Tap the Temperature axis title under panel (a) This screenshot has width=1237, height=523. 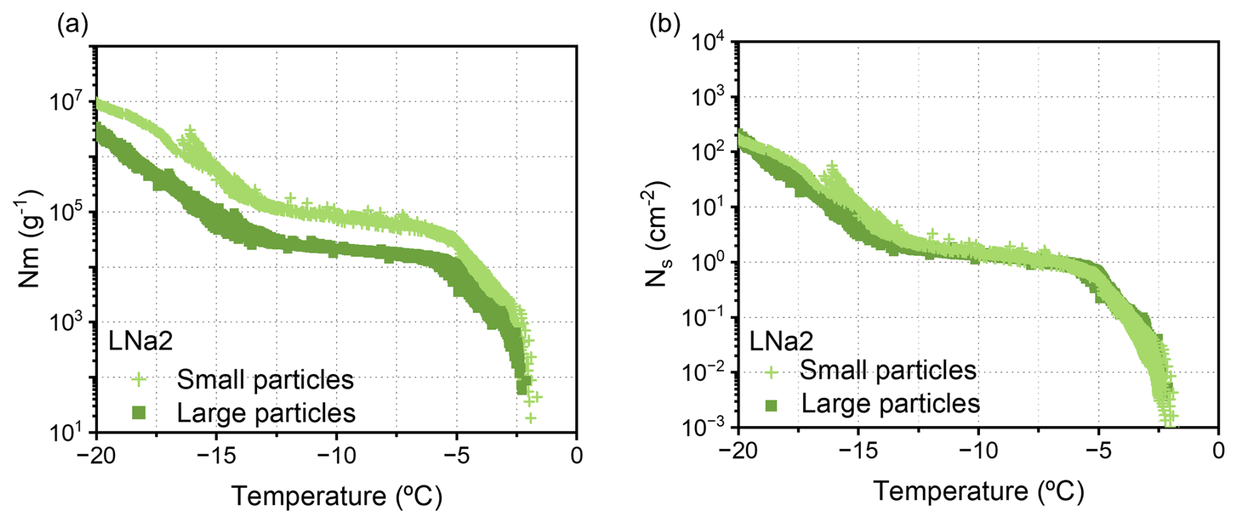pyautogui.click(x=337, y=496)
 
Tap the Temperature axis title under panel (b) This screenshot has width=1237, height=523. pyautogui.click(x=978, y=491)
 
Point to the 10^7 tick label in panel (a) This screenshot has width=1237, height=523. pyautogui.click(x=67, y=103)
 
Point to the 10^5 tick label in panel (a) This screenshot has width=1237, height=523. pyautogui.click(x=67, y=212)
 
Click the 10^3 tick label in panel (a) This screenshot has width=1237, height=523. pyautogui.click(x=67, y=322)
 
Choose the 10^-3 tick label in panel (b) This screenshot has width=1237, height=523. pyautogui.click(x=703, y=428)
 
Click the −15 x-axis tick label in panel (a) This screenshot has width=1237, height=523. pyautogui.click(x=216, y=455)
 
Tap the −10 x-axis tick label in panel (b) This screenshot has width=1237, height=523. pyautogui.click(x=978, y=451)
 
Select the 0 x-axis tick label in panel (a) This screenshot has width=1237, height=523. pyautogui.click(x=576, y=455)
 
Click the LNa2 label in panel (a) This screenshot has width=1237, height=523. pyautogui.click(x=141, y=341)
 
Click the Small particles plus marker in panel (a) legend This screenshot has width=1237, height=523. pyautogui.click(x=139, y=380)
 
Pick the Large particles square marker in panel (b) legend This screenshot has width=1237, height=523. pyautogui.click(x=771, y=405)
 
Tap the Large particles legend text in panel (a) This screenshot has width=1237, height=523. pyautogui.click(x=266, y=413)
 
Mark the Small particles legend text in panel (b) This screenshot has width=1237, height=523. pyautogui.click(x=888, y=371)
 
